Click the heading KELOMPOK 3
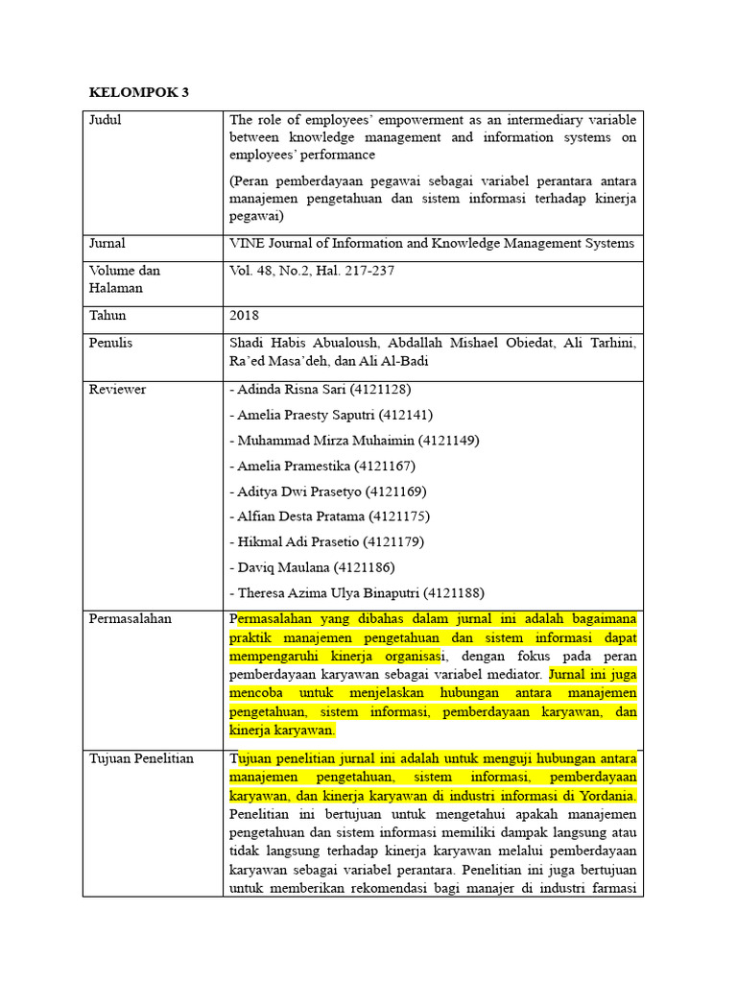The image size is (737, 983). [x=139, y=93]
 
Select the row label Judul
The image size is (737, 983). [x=106, y=121]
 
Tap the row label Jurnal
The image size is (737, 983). [x=107, y=244]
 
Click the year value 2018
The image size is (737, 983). [x=245, y=316]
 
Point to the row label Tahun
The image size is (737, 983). [x=107, y=316]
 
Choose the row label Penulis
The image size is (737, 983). [x=110, y=343]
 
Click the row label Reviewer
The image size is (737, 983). [x=117, y=390]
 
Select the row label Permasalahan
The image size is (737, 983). [x=130, y=619]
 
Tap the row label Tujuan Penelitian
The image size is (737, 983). [x=141, y=759]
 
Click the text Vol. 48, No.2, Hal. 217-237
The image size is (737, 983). [x=312, y=272]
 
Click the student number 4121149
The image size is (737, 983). [x=448, y=441]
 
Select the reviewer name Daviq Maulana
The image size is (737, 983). [x=280, y=567]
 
